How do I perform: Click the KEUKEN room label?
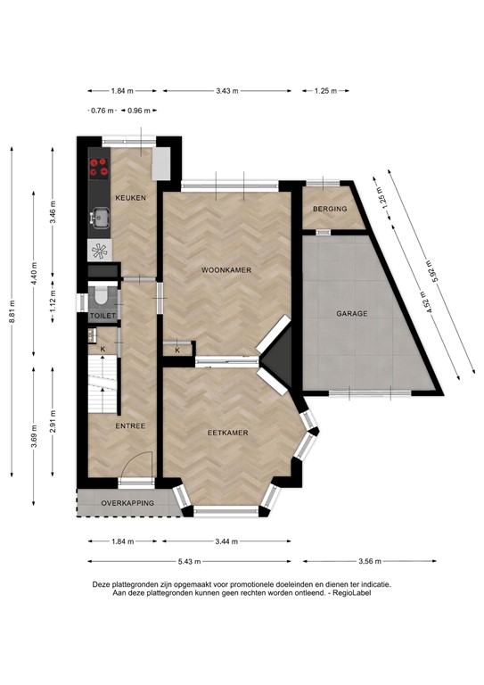tap(130, 197)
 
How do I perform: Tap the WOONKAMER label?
tap(225, 268)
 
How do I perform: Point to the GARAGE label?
tap(352, 314)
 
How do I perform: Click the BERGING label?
tap(326, 210)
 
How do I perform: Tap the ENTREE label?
tap(130, 425)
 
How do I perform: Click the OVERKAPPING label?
tap(127, 503)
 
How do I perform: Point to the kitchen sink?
tap(99, 216)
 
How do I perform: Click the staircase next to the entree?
tap(103, 384)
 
